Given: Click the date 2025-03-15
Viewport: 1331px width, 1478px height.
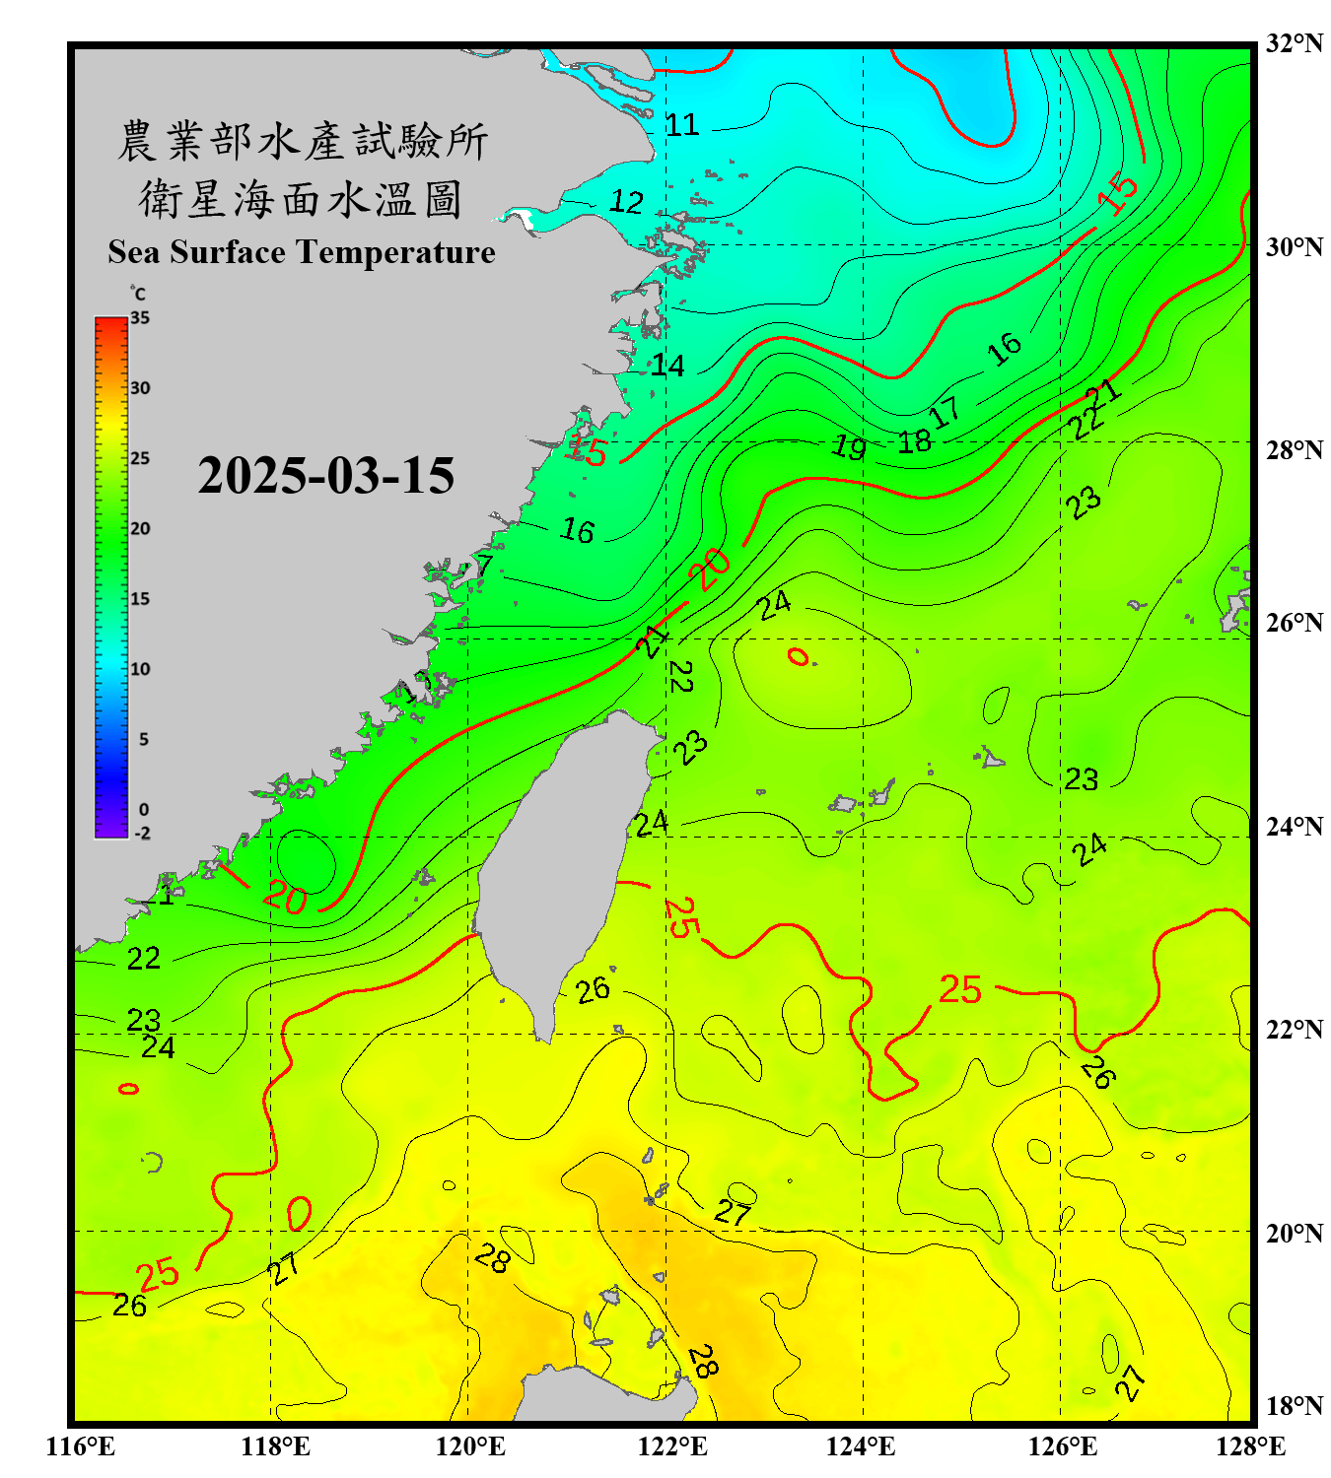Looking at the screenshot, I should (325, 476).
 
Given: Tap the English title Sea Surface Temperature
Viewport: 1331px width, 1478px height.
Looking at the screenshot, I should (301, 252).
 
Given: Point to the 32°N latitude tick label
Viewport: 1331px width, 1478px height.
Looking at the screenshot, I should (1294, 43).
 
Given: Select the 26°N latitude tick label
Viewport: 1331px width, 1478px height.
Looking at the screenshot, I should (1294, 623).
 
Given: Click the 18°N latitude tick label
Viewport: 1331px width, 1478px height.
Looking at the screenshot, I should (1294, 1406).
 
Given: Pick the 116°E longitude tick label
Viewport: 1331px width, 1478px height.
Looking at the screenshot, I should (81, 1446).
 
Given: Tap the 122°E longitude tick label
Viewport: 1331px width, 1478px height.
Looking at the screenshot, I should (672, 1446).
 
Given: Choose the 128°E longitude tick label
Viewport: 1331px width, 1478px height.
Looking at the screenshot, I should (1250, 1446).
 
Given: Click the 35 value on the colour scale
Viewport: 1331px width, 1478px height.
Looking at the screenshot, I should (140, 318).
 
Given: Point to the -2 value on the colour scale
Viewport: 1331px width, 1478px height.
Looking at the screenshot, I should (142, 834).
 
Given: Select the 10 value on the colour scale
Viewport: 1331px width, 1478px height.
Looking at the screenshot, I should (140, 669).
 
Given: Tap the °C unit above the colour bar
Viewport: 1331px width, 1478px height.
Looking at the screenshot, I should (138, 294).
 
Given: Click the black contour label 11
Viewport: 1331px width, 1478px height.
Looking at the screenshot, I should (681, 125).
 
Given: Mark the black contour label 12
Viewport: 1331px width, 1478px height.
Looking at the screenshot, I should (626, 202).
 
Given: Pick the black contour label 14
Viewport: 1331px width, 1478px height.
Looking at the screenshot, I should (667, 367).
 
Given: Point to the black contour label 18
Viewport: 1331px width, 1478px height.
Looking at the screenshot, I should (914, 441).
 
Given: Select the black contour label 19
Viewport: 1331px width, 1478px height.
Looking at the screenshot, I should (849, 446).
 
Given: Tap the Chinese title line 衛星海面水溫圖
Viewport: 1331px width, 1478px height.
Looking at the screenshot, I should (301, 199).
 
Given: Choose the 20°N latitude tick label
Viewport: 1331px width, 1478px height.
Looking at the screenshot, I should (1294, 1233).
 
